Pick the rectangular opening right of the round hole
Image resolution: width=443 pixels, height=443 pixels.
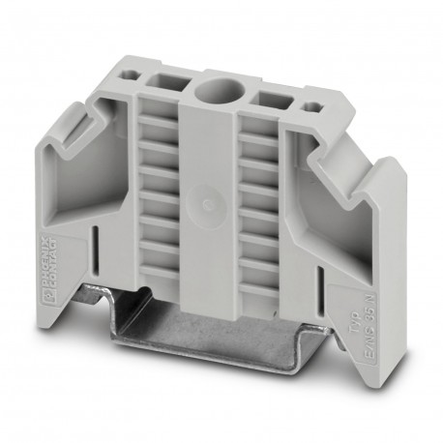click(x=268, y=99)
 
